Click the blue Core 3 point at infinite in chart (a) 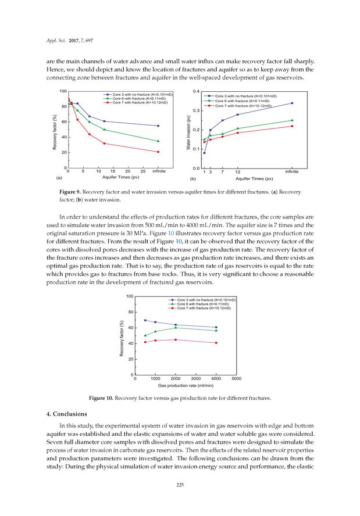pos(158,126)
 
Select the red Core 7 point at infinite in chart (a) pos(158,152)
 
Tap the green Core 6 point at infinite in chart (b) pos(291,120)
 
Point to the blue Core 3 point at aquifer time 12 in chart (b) pos(237,114)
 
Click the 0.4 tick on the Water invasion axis pos(196,91)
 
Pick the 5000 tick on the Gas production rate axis pos(237,379)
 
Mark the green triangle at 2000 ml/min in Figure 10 pos(176,328)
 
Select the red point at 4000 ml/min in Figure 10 pos(216,343)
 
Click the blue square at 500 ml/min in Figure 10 pos(145,320)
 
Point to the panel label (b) pos(193,180)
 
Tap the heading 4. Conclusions pos(63,414)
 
